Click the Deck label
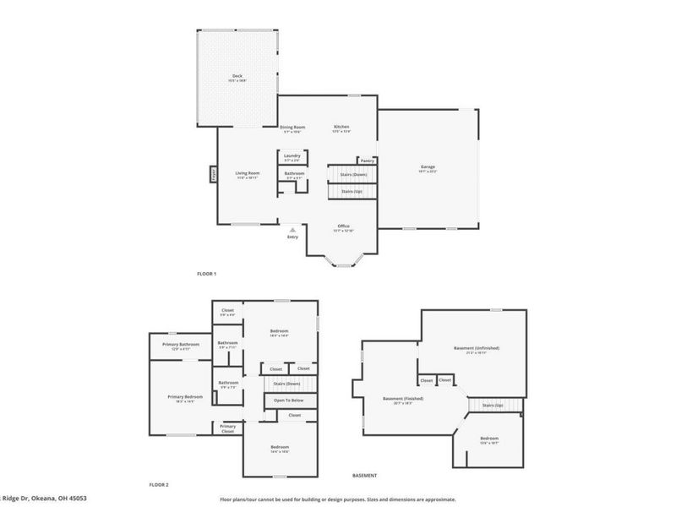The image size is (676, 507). [x=237, y=76]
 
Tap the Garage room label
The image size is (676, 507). [x=428, y=166]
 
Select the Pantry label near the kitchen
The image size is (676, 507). [x=367, y=161]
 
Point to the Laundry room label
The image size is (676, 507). [x=292, y=155]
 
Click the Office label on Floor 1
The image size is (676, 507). [x=344, y=226]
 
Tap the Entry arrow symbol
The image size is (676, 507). [x=292, y=229]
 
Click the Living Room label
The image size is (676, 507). [x=247, y=173]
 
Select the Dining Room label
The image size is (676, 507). [x=292, y=128]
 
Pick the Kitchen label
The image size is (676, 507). [x=341, y=128]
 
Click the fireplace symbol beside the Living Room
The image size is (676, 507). [x=214, y=175]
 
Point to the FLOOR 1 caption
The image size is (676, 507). [x=207, y=274]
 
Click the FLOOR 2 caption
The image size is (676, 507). [x=159, y=484]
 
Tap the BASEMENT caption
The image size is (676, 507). [x=364, y=476]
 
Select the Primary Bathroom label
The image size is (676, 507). [x=183, y=344]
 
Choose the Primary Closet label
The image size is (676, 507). [x=227, y=428]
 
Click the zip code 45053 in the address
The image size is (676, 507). [x=78, y=499]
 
